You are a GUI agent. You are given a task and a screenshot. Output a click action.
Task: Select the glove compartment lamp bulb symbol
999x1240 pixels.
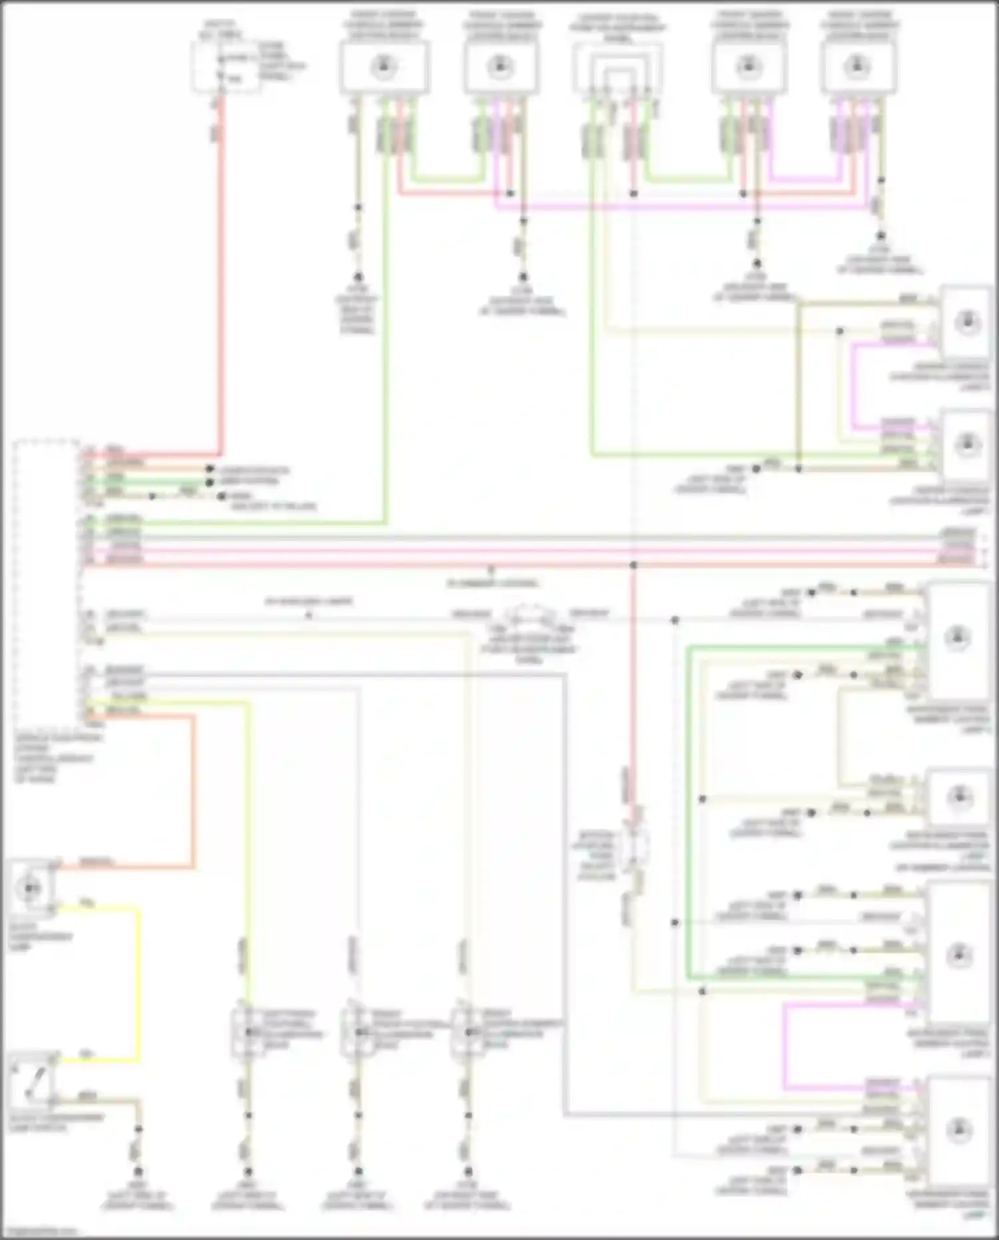(x=30, y=888)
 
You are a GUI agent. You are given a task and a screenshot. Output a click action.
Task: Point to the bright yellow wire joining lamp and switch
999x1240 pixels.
(x=139, y=979)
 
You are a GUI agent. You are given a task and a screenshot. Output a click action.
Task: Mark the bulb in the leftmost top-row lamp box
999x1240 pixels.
(x=383, y=67)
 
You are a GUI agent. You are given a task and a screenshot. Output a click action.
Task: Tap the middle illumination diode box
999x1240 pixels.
(x=358, y=1032)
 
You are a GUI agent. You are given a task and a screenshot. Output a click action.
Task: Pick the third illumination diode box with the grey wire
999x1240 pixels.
(x=468, y=1032)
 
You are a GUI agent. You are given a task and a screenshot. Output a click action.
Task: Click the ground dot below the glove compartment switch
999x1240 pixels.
(x=138, y=1171)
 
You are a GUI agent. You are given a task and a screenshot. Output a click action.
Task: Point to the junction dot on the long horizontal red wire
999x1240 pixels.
(x=633, y=564)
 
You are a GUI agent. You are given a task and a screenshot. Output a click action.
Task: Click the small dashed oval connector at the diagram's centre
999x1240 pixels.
(x=529, y=620)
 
